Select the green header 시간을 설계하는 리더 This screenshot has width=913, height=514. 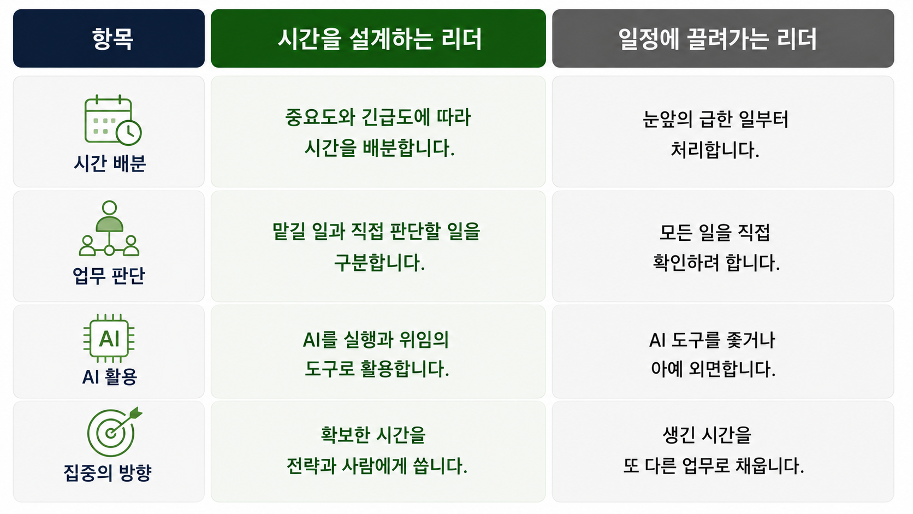point(380,39)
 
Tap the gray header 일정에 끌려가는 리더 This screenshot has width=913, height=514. point(718,39)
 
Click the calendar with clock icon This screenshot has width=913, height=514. point(112,120)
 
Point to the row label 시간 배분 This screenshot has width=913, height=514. point(110,163)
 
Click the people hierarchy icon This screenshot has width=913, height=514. point(109,228)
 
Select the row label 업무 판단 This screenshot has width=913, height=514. point(109,275)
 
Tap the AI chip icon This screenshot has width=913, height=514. point(109,338)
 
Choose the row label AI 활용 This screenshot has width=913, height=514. point(110,377)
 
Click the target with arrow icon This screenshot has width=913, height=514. point(114,432)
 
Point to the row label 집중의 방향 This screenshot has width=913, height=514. point(108,473)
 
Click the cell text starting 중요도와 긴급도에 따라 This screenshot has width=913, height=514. point(378,133)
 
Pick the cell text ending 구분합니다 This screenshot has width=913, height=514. point(377,247)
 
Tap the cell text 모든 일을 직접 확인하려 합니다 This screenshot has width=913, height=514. point(716,247)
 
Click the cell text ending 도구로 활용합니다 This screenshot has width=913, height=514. point(376,354)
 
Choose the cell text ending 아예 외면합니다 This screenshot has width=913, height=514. point(713,354)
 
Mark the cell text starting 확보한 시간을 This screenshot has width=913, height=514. point(377,451)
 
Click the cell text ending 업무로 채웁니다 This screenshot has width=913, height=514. point(714,451)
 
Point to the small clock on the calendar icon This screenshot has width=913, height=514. point(128,133)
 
